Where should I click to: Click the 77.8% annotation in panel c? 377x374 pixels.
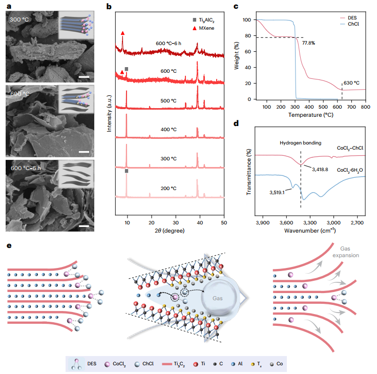tap(308, 43)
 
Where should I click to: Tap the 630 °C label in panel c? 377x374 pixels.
tap(353, 82)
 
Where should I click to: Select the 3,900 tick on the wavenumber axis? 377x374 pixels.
tap(262, 223)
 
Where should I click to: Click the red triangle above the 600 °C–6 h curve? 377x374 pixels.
tap(122, 33)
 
